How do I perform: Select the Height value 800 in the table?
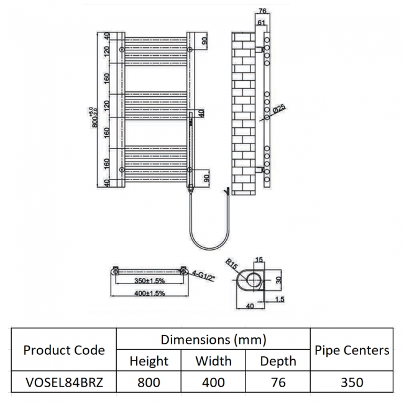click(149, 382)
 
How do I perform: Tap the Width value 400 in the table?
click(213, 382)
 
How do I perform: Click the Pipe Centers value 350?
click(352, 382)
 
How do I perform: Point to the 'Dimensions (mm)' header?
click(213, 339)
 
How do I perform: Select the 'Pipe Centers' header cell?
click(352, 349)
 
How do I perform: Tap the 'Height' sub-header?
click(149, 360)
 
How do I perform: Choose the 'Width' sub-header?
click(213, 360)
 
